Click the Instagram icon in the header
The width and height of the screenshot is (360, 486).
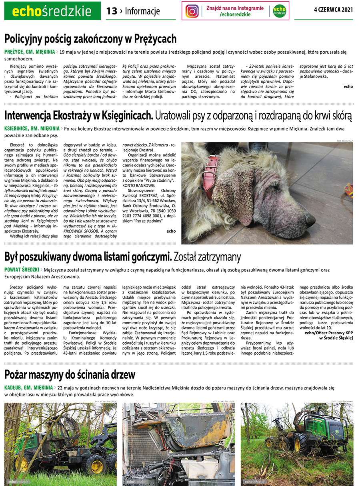pyautogui.click(x=192, y=11)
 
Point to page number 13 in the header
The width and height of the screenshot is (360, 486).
pyautogui.click(x=112, y=11)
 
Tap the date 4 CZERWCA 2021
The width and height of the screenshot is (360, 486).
pyautogui.click(x=334, y=10)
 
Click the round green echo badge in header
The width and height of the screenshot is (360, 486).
pyautogui.click(x=280, y=11)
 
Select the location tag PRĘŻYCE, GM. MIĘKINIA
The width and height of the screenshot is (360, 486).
pyautogui.click(x=29, y=52)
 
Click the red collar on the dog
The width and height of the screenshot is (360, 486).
pyautogui.click(x=212, y=168)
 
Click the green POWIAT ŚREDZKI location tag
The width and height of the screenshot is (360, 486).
pyautogui.click(x=22, y=270)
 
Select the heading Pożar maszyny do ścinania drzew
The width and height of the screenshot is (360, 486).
pyautogui.click(x=70, y=375)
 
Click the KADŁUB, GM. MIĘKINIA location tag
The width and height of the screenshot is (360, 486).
pyautogui.click(x=28, y=388)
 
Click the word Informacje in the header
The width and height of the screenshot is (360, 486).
pyautogui.click(x=142, y=11)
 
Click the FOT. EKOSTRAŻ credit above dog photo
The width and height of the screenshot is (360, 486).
pyautogui.click(x=344, y=141)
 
